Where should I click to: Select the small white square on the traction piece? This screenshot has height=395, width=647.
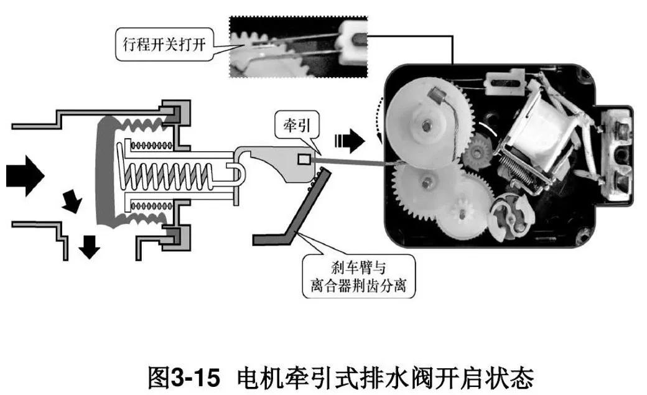[x=303, y=159]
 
